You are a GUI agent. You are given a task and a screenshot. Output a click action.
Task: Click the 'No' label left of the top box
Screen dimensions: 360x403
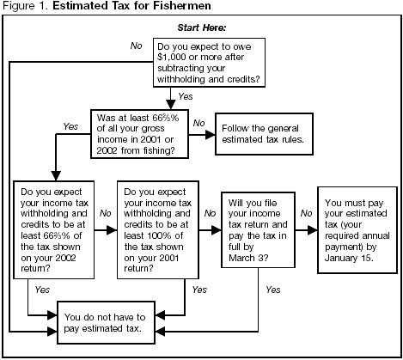[x=136, y=44]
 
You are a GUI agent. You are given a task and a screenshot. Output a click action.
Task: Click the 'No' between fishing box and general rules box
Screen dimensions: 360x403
[x=199, y=122]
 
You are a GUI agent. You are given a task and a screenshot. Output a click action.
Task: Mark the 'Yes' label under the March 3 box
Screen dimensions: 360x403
[x=274, y=290]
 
